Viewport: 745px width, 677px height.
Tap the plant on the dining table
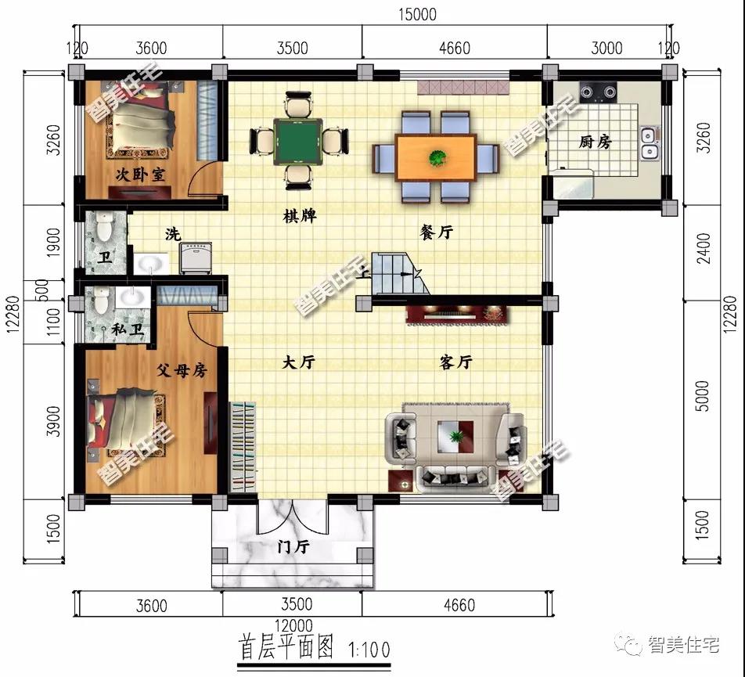[x=437, y=157]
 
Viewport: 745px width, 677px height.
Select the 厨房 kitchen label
[x=595, y=142]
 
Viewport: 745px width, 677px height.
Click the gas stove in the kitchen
[x=598, y=92]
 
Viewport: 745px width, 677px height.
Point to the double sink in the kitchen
[x=649, y=143]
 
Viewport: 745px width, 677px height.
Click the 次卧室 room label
[x=140, y=175]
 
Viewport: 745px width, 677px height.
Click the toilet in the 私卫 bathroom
[x=101, y=299]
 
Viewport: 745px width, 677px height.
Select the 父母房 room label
[x=182, y=369]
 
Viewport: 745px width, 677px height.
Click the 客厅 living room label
[x=455, y=362]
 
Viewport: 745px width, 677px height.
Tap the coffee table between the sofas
[x=455, y=436]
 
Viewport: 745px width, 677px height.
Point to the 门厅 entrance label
[x=293, y=546]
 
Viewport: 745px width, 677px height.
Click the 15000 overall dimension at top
[x=417, y=14]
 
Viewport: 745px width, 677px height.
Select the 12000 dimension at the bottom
[x=293, y=625]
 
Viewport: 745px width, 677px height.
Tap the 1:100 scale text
[x=369, y=650]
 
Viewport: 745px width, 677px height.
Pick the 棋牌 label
[x=299, y=217]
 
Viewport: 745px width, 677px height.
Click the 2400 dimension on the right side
[x=704, y=248]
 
